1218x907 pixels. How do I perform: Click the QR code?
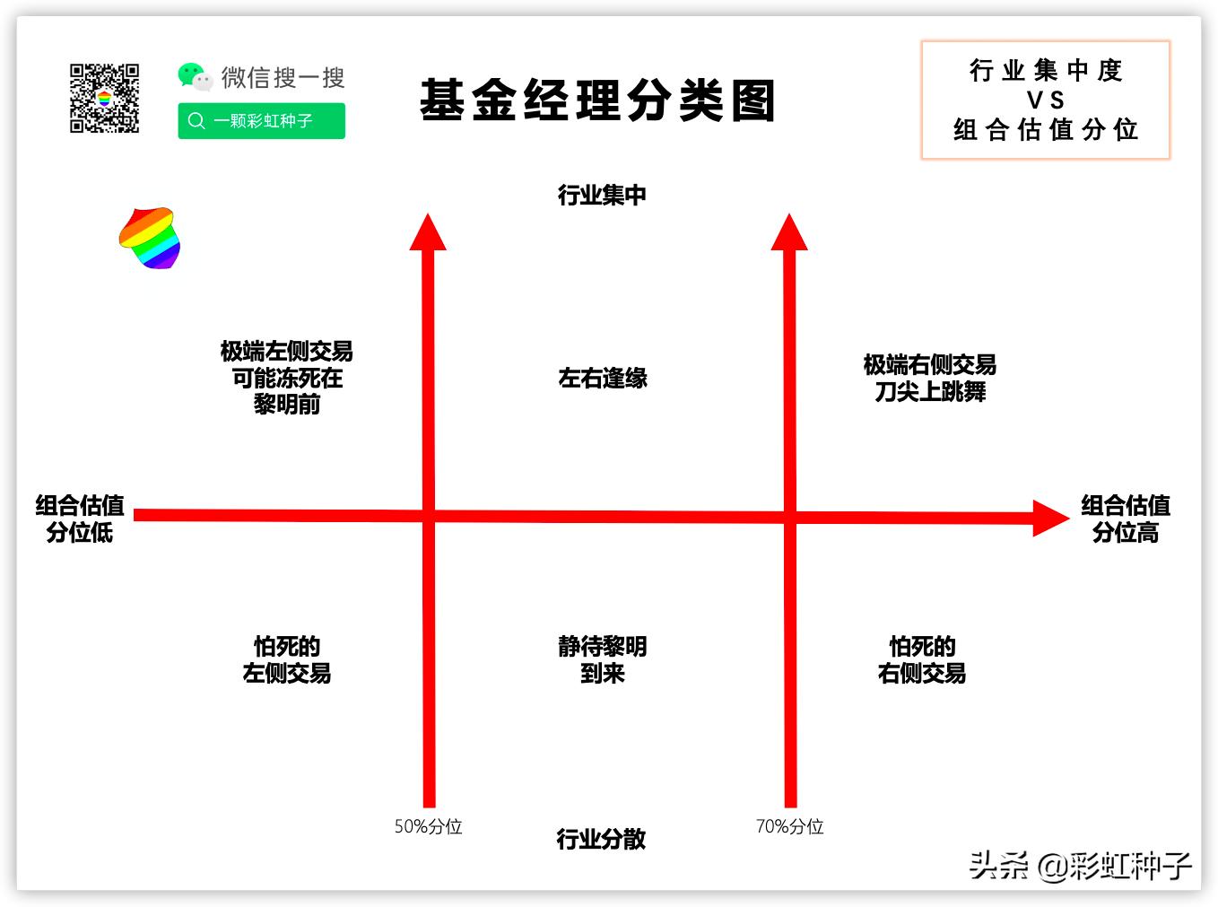point(104,98)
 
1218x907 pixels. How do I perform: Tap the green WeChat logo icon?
point(194,76)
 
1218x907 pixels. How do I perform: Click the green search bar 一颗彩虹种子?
point(261,121)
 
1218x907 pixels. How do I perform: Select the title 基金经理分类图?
point(597,100)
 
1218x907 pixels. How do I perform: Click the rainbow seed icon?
point(150,238)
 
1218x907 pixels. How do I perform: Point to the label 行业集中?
point(602,195)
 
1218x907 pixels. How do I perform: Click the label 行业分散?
point(601,839)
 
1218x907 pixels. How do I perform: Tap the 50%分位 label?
point(428,826)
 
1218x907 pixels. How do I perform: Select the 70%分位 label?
point(789,826)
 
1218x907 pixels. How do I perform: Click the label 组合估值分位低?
point(80,519)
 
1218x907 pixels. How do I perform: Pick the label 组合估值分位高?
point(1125,519)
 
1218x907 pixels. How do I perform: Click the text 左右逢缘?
point(603,378)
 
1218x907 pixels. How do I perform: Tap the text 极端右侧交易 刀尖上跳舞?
point(930,378)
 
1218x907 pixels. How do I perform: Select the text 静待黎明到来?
point(602,659)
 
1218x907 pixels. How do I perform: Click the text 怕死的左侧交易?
point(287,659)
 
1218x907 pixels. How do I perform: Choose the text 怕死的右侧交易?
point(922,659)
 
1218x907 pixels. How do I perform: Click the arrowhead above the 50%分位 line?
point(429,233)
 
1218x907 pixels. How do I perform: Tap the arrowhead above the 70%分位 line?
point(789,233)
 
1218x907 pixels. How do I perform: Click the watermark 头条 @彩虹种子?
point(1080,866)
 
